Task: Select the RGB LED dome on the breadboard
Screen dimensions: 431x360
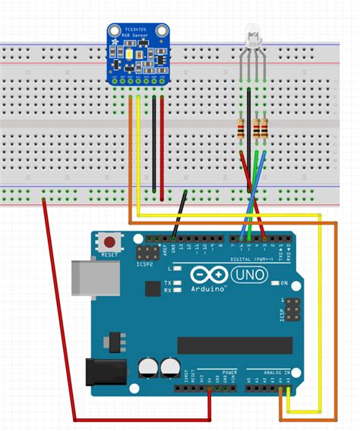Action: (254, 35)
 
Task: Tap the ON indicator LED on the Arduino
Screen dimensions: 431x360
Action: (274, 284)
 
